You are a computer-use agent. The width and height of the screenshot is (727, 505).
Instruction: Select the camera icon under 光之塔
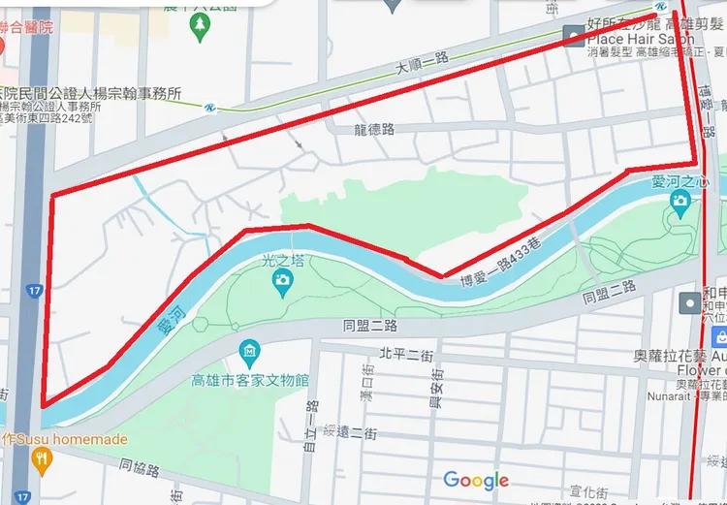(283, 281)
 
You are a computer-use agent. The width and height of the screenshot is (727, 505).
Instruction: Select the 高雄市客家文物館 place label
(249, 380)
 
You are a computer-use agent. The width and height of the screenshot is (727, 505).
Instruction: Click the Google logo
(476, 481)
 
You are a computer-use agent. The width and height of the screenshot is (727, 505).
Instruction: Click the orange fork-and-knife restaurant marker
(41, 462)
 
